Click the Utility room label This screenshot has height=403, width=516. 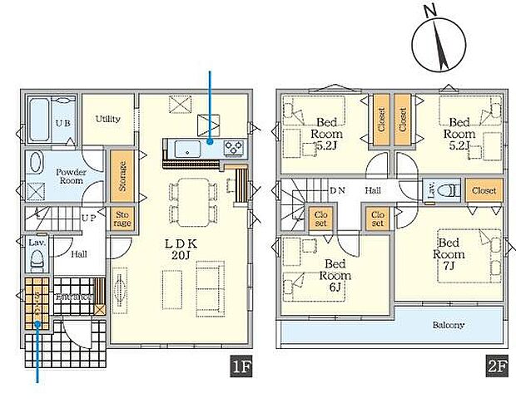click(x=107, y=119)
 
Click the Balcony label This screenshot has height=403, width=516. click(x=447, y=325)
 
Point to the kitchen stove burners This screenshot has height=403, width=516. click(x=232, y=149)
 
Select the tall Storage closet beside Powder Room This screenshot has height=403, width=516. click(x=122, y=175)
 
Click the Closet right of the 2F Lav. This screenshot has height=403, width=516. click(x=483, y=190)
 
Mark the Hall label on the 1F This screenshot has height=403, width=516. click(x=79, y=255)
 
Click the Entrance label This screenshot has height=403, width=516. click(x=73, y=297)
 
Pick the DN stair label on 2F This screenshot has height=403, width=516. click(x=337, y=190)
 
